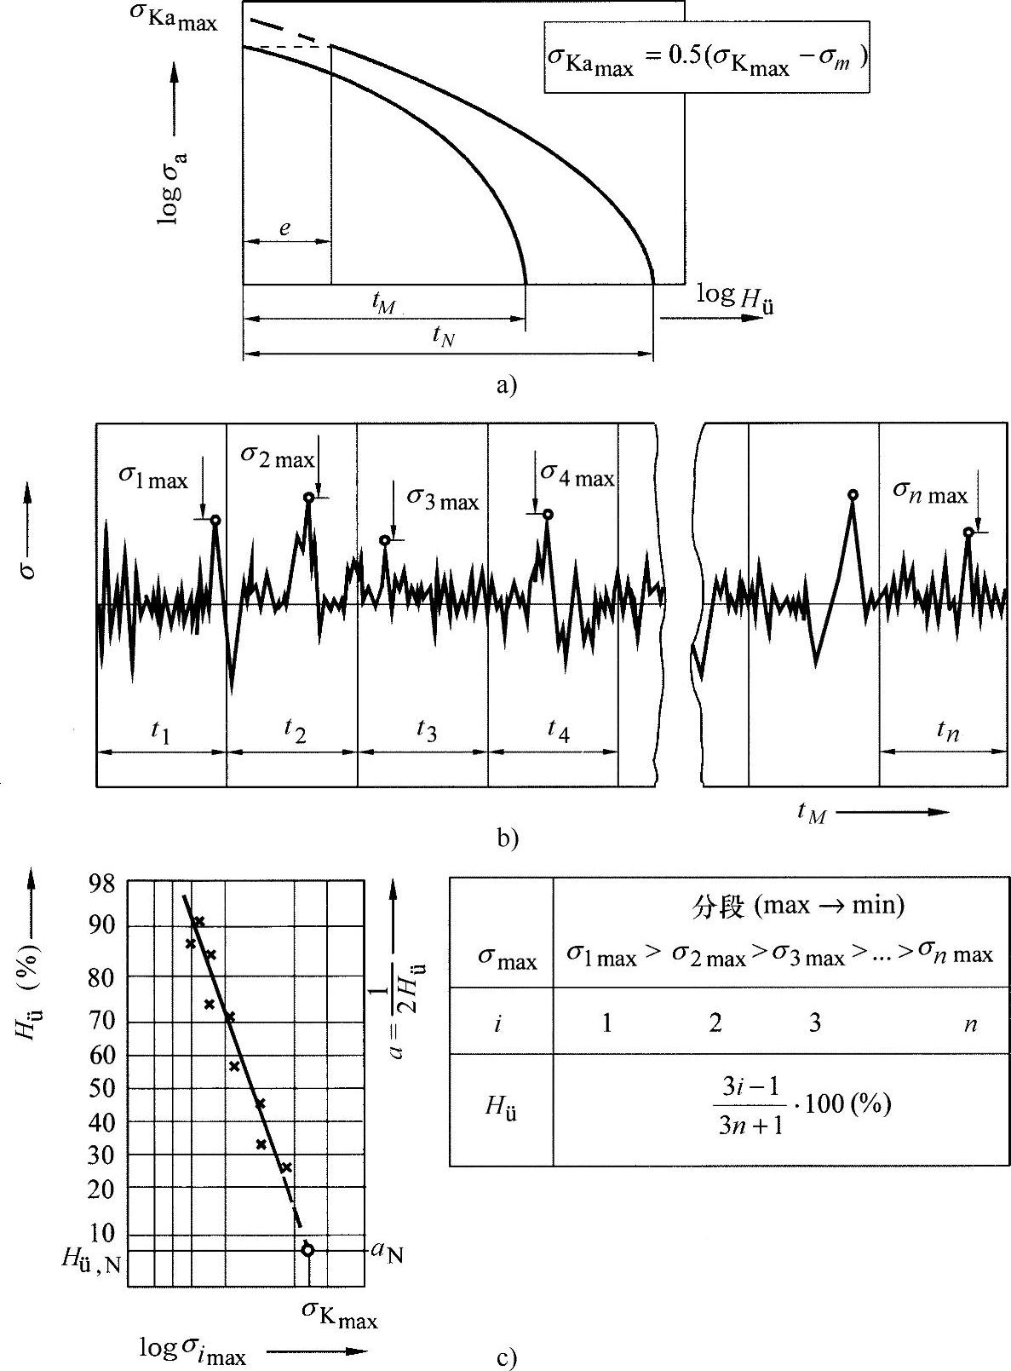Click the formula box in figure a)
(706, 58)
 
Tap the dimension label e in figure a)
(284, 228)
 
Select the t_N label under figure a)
(443, 337)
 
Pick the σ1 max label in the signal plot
(153, 479)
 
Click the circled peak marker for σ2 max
(308, 498)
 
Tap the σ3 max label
(443, 499)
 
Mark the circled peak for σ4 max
(548, 514)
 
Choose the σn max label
(930, 492)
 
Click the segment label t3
(427, 730)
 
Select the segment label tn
(948, 730)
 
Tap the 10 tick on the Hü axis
(104, 1233)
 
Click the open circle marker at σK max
(307, 1250)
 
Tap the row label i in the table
(498, 1022)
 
